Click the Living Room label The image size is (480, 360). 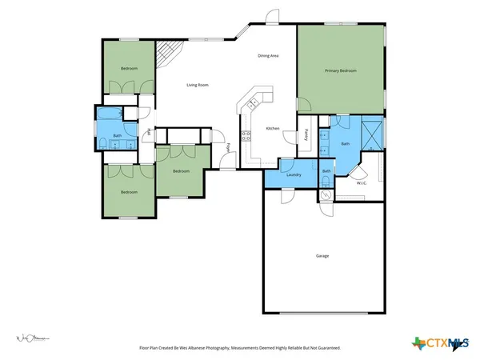pos(198,84)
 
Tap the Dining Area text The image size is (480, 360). pos(268,55)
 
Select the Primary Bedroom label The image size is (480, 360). pos(340,71)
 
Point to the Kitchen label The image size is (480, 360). pos(273,129)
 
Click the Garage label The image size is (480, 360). pos(322,255)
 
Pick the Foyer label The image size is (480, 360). pos(229,147)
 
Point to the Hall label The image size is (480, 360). pos(148,132)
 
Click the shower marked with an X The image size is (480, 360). pos(371,134)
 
